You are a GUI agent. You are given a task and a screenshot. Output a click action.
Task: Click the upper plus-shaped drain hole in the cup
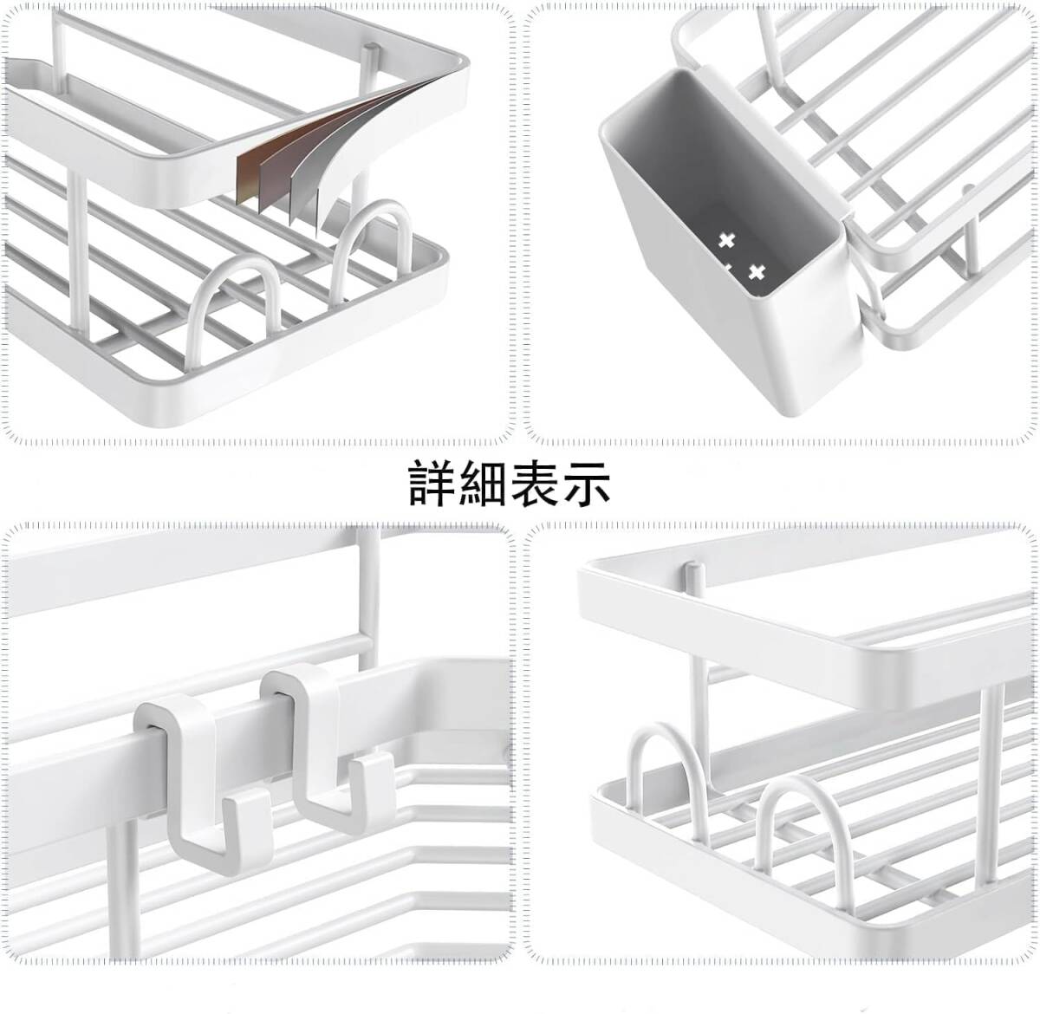point(726,240)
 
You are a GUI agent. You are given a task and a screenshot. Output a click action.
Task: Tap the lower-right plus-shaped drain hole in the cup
point(757,271)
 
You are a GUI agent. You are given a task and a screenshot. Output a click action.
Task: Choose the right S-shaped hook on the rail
point(329,737)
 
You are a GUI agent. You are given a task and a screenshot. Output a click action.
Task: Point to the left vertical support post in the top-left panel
point(73,251)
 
